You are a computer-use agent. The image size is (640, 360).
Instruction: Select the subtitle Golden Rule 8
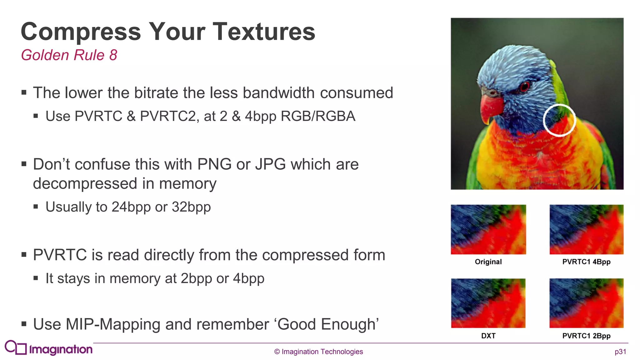click(69, 55)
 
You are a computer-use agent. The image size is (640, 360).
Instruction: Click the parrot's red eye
click(525, 86)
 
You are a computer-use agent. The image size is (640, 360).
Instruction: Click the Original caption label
click(488, 262)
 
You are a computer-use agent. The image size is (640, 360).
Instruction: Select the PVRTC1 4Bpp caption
click(586, 262)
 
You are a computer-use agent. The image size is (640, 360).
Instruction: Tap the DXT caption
click(488, 336)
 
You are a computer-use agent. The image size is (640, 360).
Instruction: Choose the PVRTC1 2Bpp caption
click(586, 336)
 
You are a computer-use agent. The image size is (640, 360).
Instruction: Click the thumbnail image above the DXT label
click(488, 303)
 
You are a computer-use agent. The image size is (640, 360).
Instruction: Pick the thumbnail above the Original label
click(488, 229)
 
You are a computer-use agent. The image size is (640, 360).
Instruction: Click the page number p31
click(620, 352)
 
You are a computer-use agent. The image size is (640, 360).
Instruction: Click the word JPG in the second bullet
click(270, 164)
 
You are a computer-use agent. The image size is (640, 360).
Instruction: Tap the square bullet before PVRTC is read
click(24, 255)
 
